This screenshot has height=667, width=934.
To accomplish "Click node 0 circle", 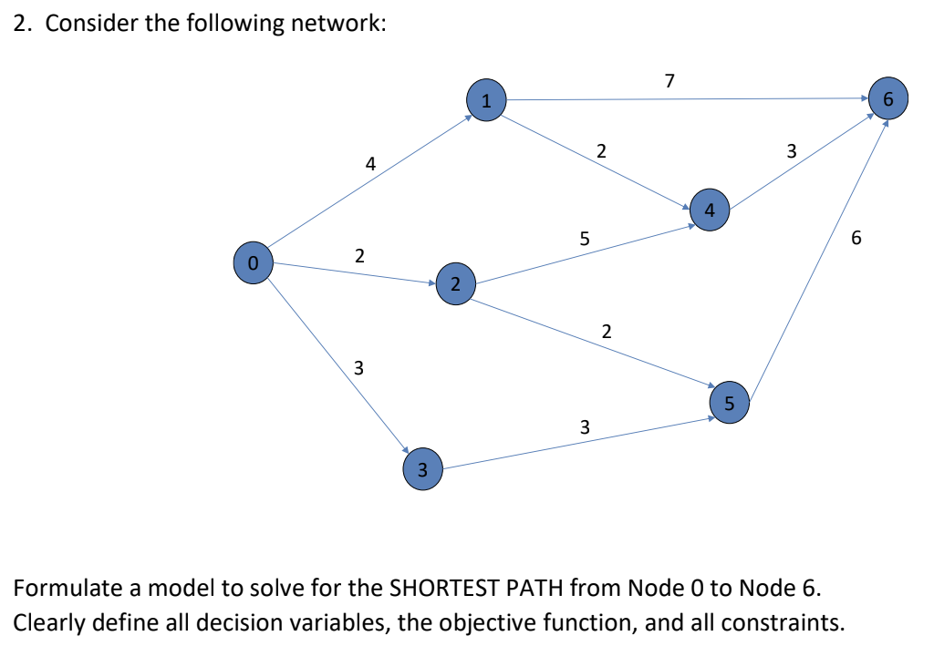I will tap(254, 262).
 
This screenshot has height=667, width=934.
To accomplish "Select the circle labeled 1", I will tap(486, 100).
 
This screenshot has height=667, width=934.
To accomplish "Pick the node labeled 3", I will tap(422, 469).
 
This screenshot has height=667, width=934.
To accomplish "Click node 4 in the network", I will tap(710, 209).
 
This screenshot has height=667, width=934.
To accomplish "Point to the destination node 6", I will tap(888, 98).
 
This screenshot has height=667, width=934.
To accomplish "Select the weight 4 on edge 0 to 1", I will tap(369, 164).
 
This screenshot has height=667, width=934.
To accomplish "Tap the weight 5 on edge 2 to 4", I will tap(585, 240).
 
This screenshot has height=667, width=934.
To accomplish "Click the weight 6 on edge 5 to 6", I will tap(855, 239).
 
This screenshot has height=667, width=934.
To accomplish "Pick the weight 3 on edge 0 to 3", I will tap(358, 368).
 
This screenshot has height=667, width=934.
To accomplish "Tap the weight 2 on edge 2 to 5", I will tap(607, 331).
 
